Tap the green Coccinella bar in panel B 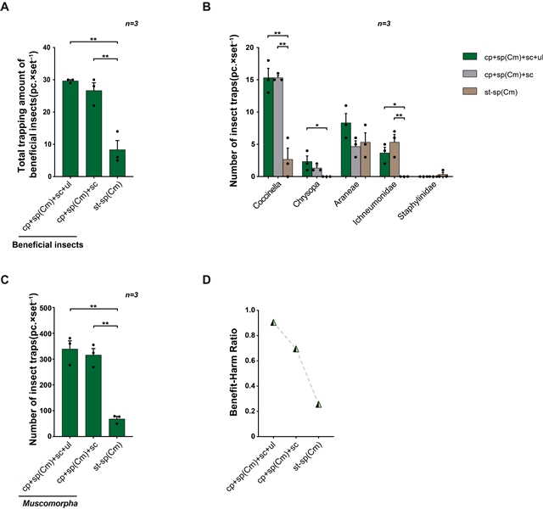tap(269, 127)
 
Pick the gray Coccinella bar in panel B tap(278, 127)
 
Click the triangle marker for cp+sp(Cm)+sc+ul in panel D tap(273, 322)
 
